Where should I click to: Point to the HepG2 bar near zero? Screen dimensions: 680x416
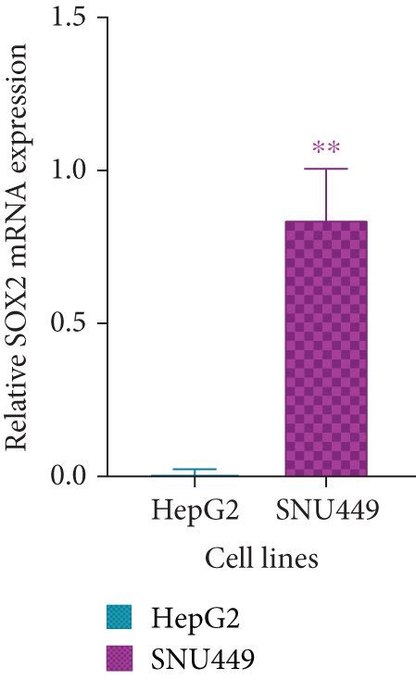[x=195, y=474]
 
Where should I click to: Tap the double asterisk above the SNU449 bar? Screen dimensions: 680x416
[x=325, y=148]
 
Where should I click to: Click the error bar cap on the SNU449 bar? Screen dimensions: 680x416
[x=325, y=169]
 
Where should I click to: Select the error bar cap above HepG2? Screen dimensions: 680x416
[x=195, y=470]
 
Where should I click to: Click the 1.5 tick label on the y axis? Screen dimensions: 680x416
[x=71, y=18]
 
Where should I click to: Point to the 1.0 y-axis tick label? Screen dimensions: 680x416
[x=71, y=170]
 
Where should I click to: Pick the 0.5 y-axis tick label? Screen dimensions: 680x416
[x=71, y=323]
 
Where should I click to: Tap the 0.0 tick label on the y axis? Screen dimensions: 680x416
[x=71, y=476]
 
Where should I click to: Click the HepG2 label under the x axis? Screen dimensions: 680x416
[x=194, y=512]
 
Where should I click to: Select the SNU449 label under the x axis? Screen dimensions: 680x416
[x=326, y=512]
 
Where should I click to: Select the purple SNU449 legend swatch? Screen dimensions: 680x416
[x=121, y=657]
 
